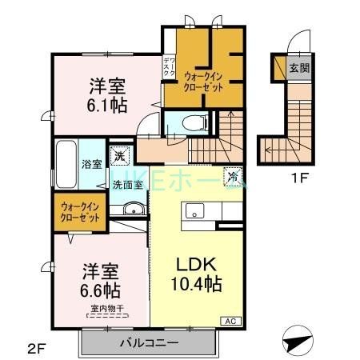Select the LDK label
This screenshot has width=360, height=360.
[191, 264]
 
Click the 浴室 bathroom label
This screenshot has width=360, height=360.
[91, 165]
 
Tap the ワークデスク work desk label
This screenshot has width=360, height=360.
[169, 67]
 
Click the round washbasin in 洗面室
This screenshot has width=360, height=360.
[133, 210]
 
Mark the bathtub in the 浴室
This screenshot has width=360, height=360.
[66, 164]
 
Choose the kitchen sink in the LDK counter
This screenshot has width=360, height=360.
[195, 211]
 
